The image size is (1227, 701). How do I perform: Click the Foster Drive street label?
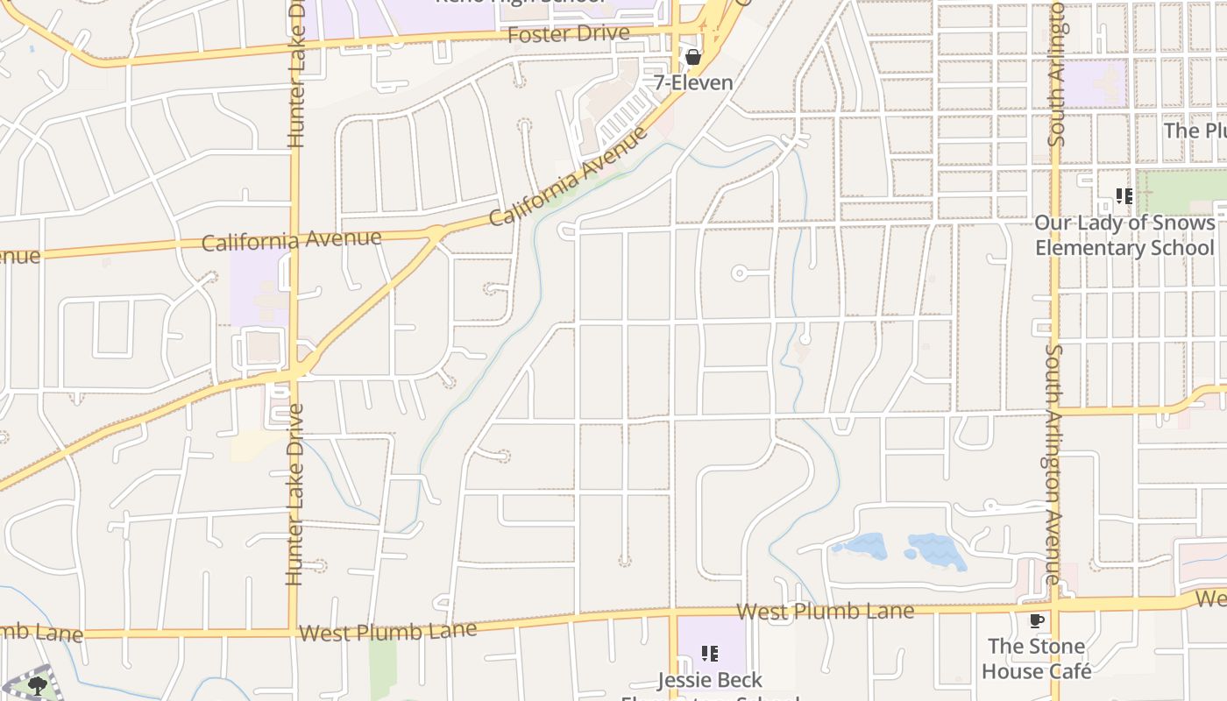pyautogui.click(x=568, y=34)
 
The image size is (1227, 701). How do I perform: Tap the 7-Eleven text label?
pyautogui.click(x=693, y=82)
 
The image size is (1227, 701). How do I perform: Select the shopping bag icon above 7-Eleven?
pyautogui.click(x=693, y=58)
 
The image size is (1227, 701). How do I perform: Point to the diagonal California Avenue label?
pyautogui.click(x=569, y=176)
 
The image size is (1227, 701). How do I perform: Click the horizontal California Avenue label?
pyautogui.click(x=291, y=239)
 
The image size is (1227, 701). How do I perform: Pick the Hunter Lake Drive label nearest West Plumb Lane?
pyautogui.click(x=294, y=494)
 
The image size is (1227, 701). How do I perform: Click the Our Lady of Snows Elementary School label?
pyautogui.click(x=1124, y=235)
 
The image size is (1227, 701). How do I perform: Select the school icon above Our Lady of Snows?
pyautogui.click(x=1124, y=196)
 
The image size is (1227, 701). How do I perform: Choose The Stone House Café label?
pyautogui.click(x=1037, y=659)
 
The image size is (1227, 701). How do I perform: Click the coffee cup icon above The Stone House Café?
pyautogui.click(x=1037, y=621)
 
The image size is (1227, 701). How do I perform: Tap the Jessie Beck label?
pyautogui.click(x=710, y=680)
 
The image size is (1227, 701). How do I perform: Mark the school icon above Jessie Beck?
pyautogui.click(x=710, y=654)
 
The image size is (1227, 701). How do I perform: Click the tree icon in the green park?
pyautogui.click(x=37, y=686)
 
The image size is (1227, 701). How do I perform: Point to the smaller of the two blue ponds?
pyautogui.click(x=861, y=547)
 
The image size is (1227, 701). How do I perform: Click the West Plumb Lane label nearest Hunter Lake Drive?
pyautogui.click(x=387, y=631)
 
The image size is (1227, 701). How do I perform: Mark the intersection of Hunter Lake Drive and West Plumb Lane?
pyautogui.click(x=293, y=633)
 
